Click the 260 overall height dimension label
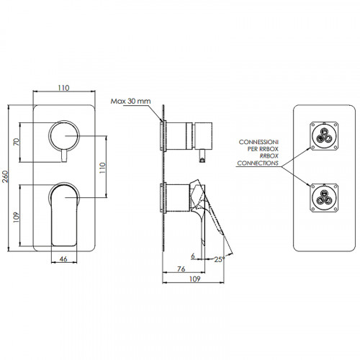5,176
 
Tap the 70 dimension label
17,142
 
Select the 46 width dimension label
63,259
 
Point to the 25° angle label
220,259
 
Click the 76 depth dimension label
181,269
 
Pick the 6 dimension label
193,256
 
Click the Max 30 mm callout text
130,101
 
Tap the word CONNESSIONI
258,142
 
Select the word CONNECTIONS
258,163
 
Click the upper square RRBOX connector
324,136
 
